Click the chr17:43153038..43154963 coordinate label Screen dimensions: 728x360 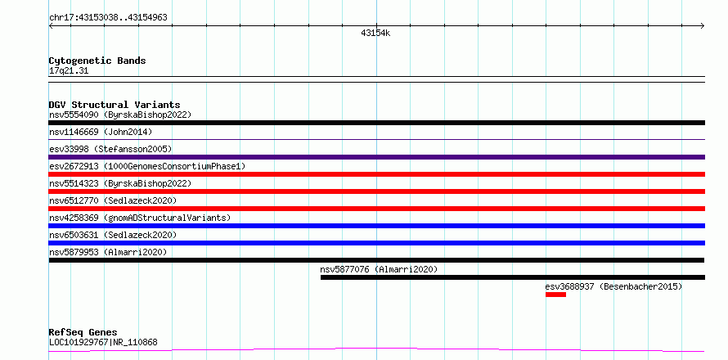(x=108, y=18)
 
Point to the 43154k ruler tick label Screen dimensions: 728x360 (x=375, y=34)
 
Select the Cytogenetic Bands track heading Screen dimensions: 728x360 (x=97, y=61)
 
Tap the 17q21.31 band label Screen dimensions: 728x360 (x=69, y=71)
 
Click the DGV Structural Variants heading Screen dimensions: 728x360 (x=115, y=105)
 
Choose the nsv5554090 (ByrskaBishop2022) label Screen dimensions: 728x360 (x=120, y=115)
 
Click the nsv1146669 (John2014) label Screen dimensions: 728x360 (x=101, y=132)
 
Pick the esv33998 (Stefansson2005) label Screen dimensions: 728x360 (x=110, y=149)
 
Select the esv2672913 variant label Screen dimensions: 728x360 (x=147, y=166)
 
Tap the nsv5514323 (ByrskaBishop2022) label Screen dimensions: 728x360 (x=120, y=183)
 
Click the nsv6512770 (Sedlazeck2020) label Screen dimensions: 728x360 (x=113, y=200)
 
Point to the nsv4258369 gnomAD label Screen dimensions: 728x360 (x=140, y=218)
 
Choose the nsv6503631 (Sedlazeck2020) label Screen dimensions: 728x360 (x=113, y=235)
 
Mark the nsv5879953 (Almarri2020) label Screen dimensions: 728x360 (x=108, y=252)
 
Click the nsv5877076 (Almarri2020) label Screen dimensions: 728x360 (x=379, y=269)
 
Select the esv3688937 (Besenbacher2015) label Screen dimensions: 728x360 (x=613, y=286)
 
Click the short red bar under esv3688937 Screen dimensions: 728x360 (x=555, y=295)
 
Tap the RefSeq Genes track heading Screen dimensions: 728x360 (x=83, y=333)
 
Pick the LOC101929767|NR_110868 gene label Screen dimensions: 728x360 (x=103, y=342)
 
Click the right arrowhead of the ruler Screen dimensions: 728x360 (x=703, y=26)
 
